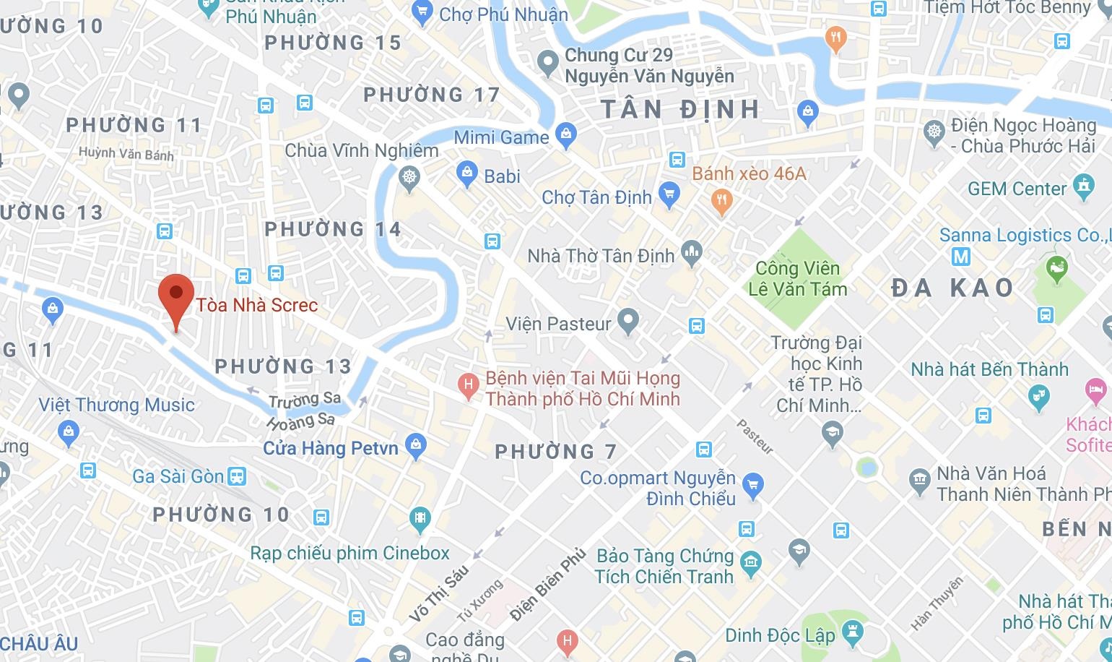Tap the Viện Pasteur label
tap(558, 323)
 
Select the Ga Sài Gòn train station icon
tap(237, 476)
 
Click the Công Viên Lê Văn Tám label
tap(797, 278)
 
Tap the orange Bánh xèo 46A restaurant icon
tap(721, 200)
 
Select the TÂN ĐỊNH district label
tap(681, 110)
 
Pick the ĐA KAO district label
tap(952, 288)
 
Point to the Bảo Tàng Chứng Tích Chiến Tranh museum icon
tap(751, 562)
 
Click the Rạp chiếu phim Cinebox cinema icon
tap(420, 517)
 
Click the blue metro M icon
tap(960, 256)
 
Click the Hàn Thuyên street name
tap(937, 604)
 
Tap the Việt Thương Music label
tap(116, 405)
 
